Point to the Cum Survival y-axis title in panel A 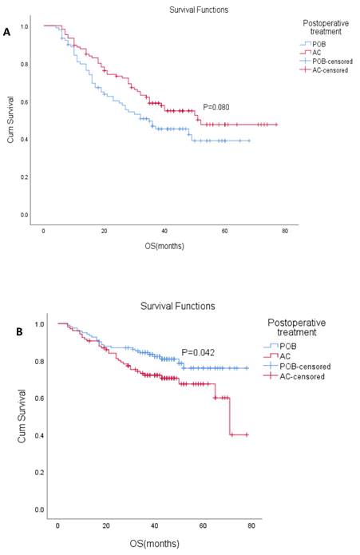(x=12, y=121)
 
